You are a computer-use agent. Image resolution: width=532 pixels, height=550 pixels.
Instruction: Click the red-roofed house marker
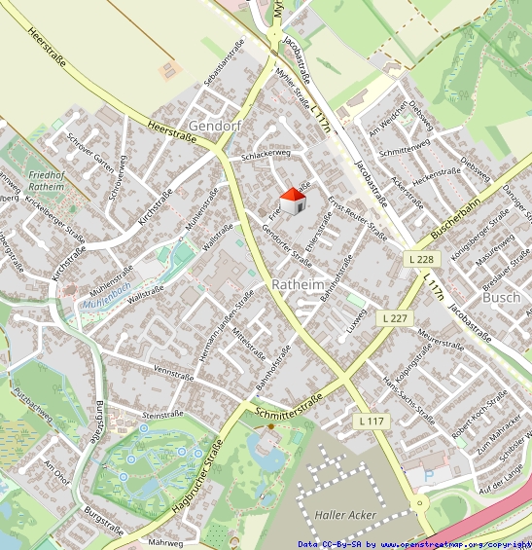[294, 202]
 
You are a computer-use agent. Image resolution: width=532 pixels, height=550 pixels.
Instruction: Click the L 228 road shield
[420, 258]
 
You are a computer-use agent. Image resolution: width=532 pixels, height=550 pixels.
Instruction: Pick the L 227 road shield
[395, 318]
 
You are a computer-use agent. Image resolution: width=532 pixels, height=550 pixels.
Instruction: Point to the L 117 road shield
[371, 421]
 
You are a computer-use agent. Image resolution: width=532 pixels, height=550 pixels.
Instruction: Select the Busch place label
[501, 298]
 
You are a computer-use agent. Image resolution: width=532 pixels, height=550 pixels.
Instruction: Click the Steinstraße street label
[163, 415]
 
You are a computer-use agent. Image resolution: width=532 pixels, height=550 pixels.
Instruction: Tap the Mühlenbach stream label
[106, 290]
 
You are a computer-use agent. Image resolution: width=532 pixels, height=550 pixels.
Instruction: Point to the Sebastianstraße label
[223, 65]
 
